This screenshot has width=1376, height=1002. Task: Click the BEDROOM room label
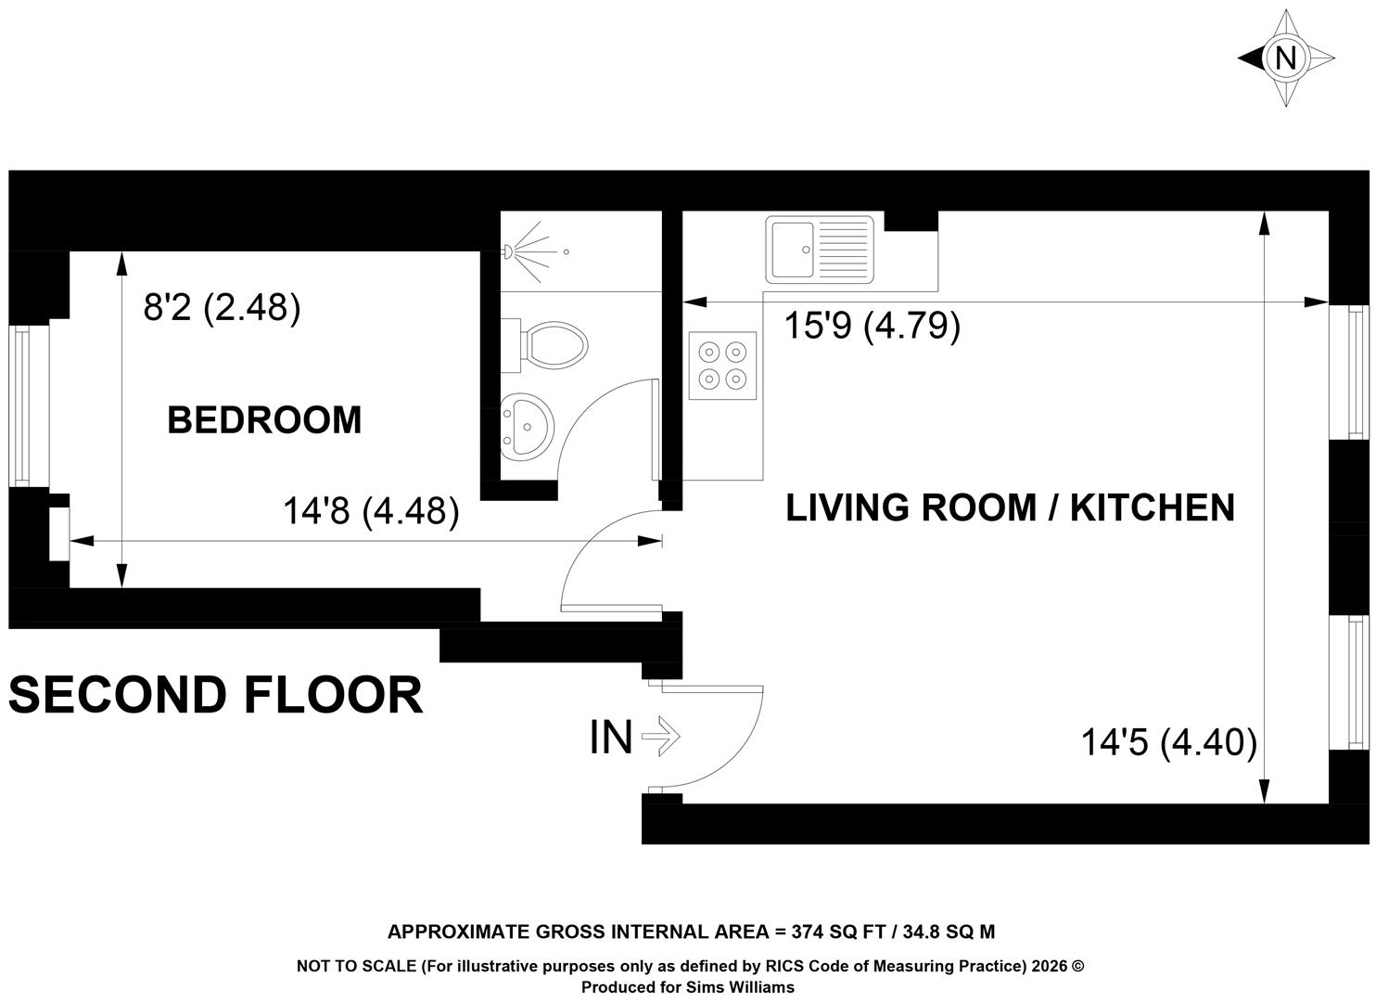click(x=264, y=420)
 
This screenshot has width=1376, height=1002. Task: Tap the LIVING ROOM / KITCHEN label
click(x=1010, y=507)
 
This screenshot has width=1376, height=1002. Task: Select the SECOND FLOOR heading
click(x=216, y=695)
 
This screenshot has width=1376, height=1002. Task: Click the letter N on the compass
click(x=1286, y=59)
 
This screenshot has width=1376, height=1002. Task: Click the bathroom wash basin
click(x=527, y=427)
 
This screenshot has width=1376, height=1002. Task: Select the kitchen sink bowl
click(x=793, y=250)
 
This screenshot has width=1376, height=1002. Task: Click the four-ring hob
click(x=722, y=366)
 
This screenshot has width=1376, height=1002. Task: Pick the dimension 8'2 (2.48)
click(x=222, y=308)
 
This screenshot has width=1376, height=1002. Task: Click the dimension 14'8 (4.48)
click(x=371, y=511)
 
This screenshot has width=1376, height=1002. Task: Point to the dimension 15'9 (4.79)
click(x=873, y=326)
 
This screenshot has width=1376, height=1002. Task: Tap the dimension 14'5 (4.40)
click(x=1169, y=742)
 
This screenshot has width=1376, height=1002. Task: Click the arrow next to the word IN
click(x=660, y=736)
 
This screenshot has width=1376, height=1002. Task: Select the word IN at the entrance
click(x=611, y=738)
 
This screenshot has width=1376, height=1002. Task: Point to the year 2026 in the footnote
click(x=1050, y=967)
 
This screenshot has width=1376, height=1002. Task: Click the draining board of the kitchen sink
click(x=843, y=250)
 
